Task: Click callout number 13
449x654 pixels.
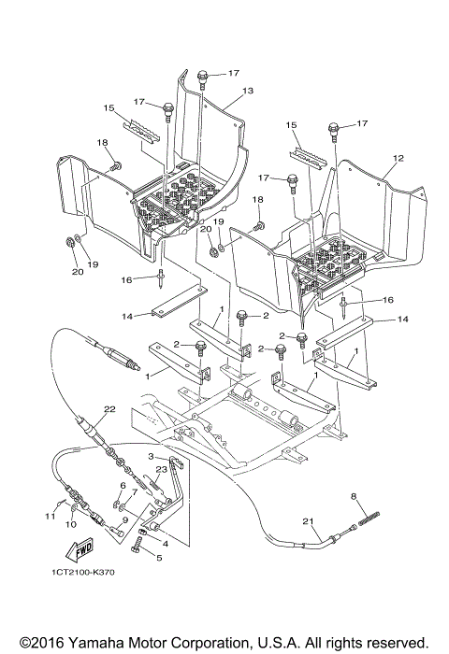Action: pos(249,92)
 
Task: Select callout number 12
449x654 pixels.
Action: pos(398,158)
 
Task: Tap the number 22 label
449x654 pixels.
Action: pos(109,408)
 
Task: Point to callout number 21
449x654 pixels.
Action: pos(306,520)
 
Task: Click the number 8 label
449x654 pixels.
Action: pos(353,495)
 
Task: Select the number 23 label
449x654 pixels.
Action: pos(160,470)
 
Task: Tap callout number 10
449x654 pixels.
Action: pos(69,525)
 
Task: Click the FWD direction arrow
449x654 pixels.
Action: pos(82,545)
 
